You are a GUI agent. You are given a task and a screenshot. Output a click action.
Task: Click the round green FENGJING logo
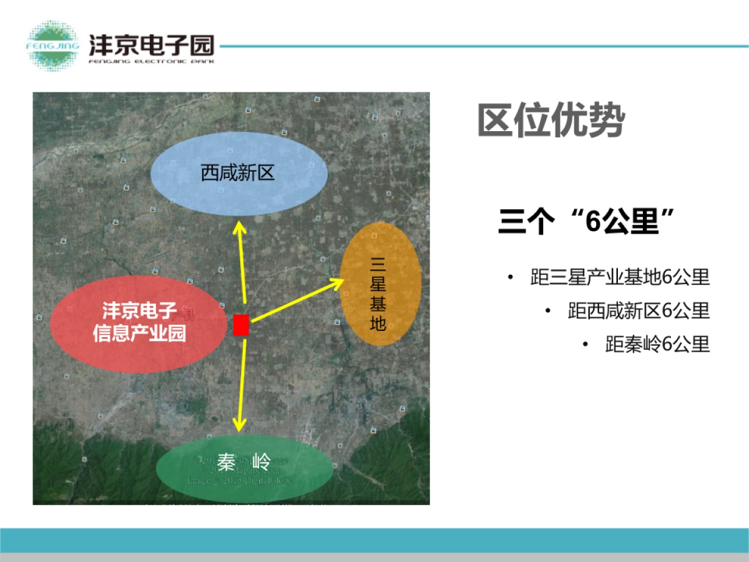click(52, 45)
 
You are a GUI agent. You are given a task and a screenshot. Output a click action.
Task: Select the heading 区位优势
click(551, 121)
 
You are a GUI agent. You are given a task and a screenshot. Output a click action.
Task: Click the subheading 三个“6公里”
click(587, 222)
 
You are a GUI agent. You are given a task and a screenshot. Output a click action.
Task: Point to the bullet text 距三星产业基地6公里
click(620, 277)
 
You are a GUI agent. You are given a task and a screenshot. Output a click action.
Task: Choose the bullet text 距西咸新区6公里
click(639, 310)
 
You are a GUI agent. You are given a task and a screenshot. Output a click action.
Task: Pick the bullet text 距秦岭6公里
click(657, 343)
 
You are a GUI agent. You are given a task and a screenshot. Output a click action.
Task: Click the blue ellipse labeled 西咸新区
click(240, 173)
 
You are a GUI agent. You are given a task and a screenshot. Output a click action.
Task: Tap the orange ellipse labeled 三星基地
click(380, 283)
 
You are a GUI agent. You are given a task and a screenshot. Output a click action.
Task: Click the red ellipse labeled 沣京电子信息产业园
click(139, 323)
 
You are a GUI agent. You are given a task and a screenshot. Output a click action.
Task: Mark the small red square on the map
click(241, 325)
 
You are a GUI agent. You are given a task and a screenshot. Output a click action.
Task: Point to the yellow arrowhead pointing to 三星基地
click(337, 283)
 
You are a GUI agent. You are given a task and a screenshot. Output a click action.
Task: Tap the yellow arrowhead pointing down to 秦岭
click(239, 425)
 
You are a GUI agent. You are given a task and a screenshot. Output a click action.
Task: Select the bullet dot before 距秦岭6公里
click(585, 343)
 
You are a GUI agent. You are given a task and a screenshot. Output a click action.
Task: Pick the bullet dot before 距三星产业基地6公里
click(511, 277)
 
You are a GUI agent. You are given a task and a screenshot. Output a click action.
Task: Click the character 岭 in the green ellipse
click(262, 463)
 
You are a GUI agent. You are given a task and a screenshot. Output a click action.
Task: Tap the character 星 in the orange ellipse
click(378, 285)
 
